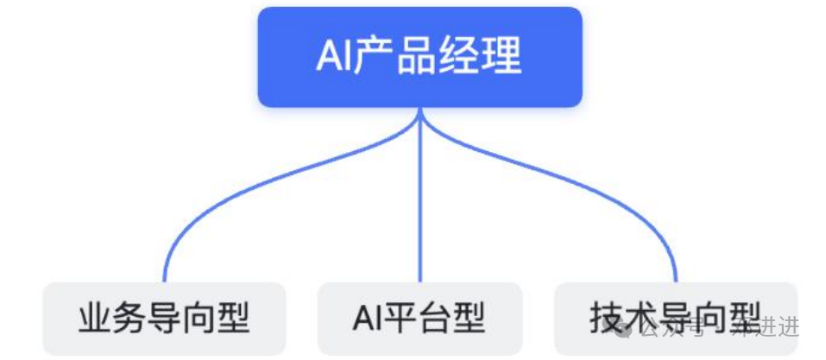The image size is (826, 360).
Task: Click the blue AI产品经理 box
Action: point(419,57)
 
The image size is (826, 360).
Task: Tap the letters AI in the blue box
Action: point(332,58)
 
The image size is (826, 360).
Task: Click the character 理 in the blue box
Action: point(503,58)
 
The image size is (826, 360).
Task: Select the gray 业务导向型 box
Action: point(164,318)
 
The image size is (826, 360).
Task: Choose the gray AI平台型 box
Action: point(419,318)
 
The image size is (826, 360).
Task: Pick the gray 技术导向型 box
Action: point(675,318)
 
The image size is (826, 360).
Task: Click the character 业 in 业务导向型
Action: point(94,318)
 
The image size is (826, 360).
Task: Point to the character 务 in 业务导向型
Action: point(129,318)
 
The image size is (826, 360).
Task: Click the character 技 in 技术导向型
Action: point(606,318)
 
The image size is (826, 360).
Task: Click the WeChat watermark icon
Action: point(630,326)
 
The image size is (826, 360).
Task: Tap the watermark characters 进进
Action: point(780,326)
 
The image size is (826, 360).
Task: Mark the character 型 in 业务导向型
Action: point(234,318)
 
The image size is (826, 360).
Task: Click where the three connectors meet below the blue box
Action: point(420,116)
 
